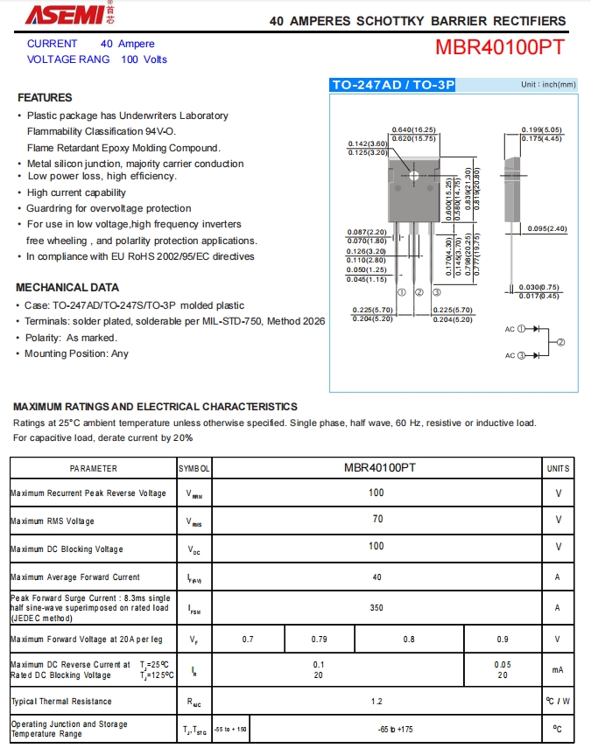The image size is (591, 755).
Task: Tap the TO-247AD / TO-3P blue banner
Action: pos(393,85)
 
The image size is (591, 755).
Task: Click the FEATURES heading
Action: pos(45,97)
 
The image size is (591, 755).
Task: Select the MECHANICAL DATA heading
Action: pos(67,287)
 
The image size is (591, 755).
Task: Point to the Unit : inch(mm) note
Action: pos(549,85)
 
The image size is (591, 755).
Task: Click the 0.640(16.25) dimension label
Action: pos(414,129)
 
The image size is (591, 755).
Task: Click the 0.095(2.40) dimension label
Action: pos(548,229)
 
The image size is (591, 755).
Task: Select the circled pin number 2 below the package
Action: pos(419,292)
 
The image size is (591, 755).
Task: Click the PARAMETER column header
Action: pos(94,468)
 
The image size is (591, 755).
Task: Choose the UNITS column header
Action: pos(558,468)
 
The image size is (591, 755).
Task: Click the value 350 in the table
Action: pos(376,607)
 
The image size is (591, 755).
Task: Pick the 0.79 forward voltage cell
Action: pos(320,639)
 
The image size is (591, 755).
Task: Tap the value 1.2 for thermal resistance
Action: pos(376,701)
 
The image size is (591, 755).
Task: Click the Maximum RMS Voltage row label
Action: pos(53,521)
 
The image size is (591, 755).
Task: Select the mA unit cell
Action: pos(558,669)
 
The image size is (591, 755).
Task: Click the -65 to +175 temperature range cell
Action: pos(395,729)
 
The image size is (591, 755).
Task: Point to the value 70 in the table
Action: pos(376,521)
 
